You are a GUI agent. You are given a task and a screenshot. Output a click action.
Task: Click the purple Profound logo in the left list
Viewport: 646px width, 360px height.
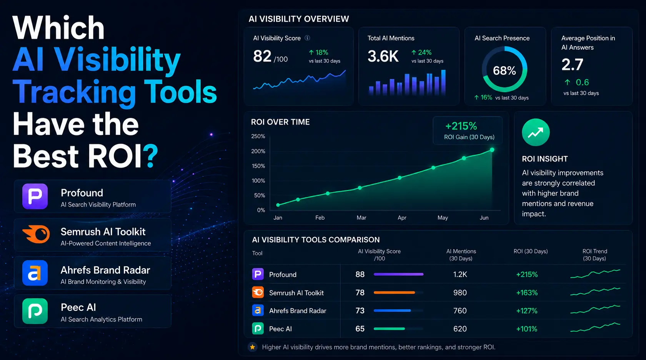click(35, 196)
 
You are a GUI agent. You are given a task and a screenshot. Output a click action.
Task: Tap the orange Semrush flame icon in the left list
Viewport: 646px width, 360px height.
click(36, 234)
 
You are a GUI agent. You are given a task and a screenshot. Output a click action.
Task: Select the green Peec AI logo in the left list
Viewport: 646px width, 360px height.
click(35, 311)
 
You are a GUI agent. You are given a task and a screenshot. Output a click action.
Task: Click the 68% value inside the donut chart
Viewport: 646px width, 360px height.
click(504, 70)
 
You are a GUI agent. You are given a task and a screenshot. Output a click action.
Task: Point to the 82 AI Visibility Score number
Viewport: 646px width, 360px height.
click(262, 56)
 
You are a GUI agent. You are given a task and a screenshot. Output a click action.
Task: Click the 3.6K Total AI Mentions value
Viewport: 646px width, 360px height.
click(383, 56)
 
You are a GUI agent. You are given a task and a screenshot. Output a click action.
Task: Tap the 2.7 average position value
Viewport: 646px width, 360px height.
click(572, 64)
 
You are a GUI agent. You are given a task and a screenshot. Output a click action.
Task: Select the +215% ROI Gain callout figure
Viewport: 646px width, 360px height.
click(461, 126)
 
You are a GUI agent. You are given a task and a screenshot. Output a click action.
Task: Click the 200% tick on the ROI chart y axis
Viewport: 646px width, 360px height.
click(258, 151)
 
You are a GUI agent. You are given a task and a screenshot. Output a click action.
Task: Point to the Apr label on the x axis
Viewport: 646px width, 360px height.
click(402, 218)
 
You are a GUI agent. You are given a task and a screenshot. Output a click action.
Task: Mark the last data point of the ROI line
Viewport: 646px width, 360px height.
click(492, 150)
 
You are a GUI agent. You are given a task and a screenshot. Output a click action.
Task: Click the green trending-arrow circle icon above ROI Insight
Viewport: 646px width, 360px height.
click(536, 132)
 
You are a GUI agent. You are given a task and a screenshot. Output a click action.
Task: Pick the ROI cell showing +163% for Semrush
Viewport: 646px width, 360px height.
click(527, 293)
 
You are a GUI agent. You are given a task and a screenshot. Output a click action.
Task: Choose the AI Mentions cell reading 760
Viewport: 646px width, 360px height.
click(460, 311)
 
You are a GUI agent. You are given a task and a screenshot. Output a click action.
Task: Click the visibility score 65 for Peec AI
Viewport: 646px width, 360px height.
click(360, 329)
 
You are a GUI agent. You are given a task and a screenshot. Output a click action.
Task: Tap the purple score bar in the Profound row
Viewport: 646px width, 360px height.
click(398, 274)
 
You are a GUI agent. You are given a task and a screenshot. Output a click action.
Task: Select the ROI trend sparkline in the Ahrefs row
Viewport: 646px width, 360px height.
click(595, 309)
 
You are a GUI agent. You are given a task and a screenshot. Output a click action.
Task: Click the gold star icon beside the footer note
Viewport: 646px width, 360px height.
click(253, 347)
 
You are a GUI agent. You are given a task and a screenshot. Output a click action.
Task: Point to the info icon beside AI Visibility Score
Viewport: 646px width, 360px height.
click(308, 38)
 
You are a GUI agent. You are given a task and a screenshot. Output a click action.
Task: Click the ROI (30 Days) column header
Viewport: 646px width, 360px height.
click(531, 251)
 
